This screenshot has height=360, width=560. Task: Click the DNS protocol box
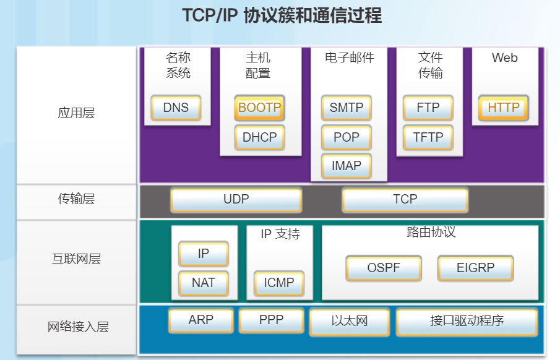[176, 108]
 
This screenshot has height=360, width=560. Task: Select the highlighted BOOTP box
[259, 108]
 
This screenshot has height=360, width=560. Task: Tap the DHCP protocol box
[259, 137]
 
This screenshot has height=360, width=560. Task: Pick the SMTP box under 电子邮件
[347, 108]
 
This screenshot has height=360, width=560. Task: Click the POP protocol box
[347, 137]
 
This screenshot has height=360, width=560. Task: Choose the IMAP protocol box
[347, 166]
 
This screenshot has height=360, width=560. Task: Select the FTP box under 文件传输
[428, 108]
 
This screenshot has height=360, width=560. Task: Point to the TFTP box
[428, 137]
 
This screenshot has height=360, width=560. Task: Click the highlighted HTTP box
[504, 108]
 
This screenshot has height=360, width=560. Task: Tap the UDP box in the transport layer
[236, 200]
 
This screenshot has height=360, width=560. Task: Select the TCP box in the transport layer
[405, 200]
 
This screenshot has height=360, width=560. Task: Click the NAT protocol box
[204, 283]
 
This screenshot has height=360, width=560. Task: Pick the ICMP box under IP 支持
[279, 283]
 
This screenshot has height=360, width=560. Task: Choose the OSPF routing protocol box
[384, 268]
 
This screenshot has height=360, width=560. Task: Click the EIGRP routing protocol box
[475, 268]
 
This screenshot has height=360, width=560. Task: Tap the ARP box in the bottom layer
[200, 320]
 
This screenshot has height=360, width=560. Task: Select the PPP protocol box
[271, 320]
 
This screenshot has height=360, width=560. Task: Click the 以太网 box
[350, 322]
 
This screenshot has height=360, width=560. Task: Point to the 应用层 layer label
[76, 113]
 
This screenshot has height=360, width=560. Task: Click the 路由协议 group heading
[431, 233]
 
